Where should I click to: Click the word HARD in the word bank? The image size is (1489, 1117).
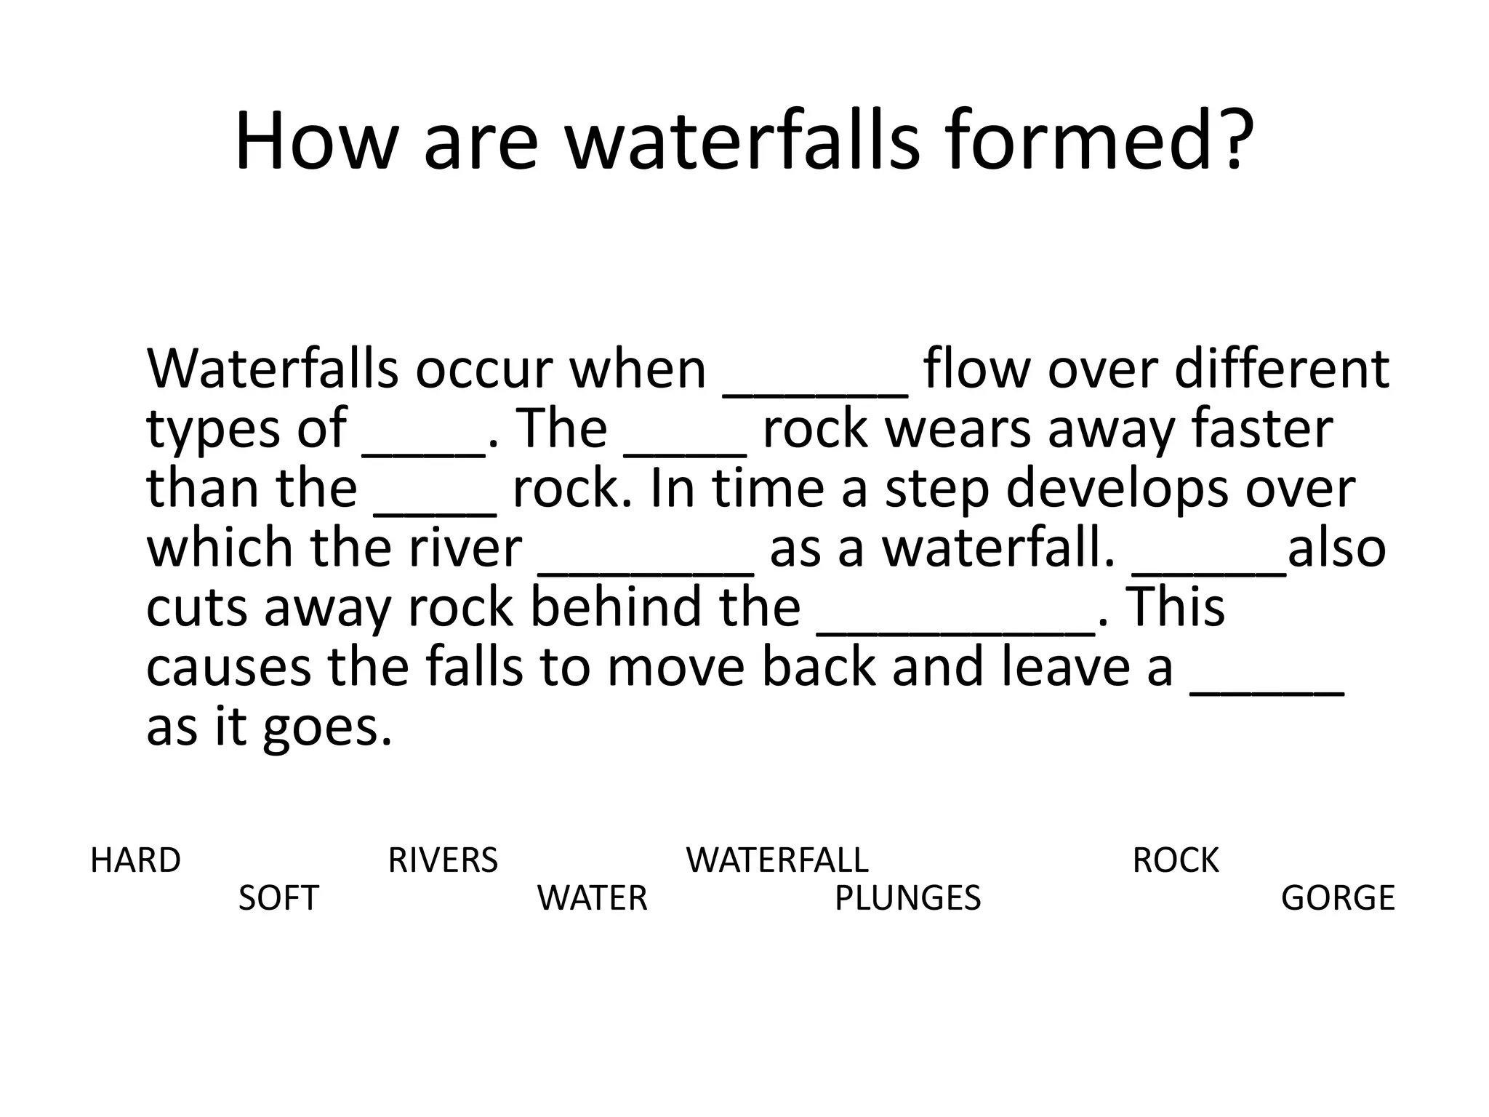point(135,860)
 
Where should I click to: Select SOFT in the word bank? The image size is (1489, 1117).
point(278,898)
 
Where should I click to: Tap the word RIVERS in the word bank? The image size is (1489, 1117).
point(443,860)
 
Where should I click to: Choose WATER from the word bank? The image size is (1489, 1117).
point(592,898)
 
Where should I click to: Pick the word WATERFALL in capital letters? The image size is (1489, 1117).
point(776,860)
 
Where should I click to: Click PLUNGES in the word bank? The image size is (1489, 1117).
point(907,898)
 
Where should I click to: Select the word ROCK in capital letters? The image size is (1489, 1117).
point(1175,860)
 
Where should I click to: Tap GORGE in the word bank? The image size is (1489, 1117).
point(1338,898)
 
